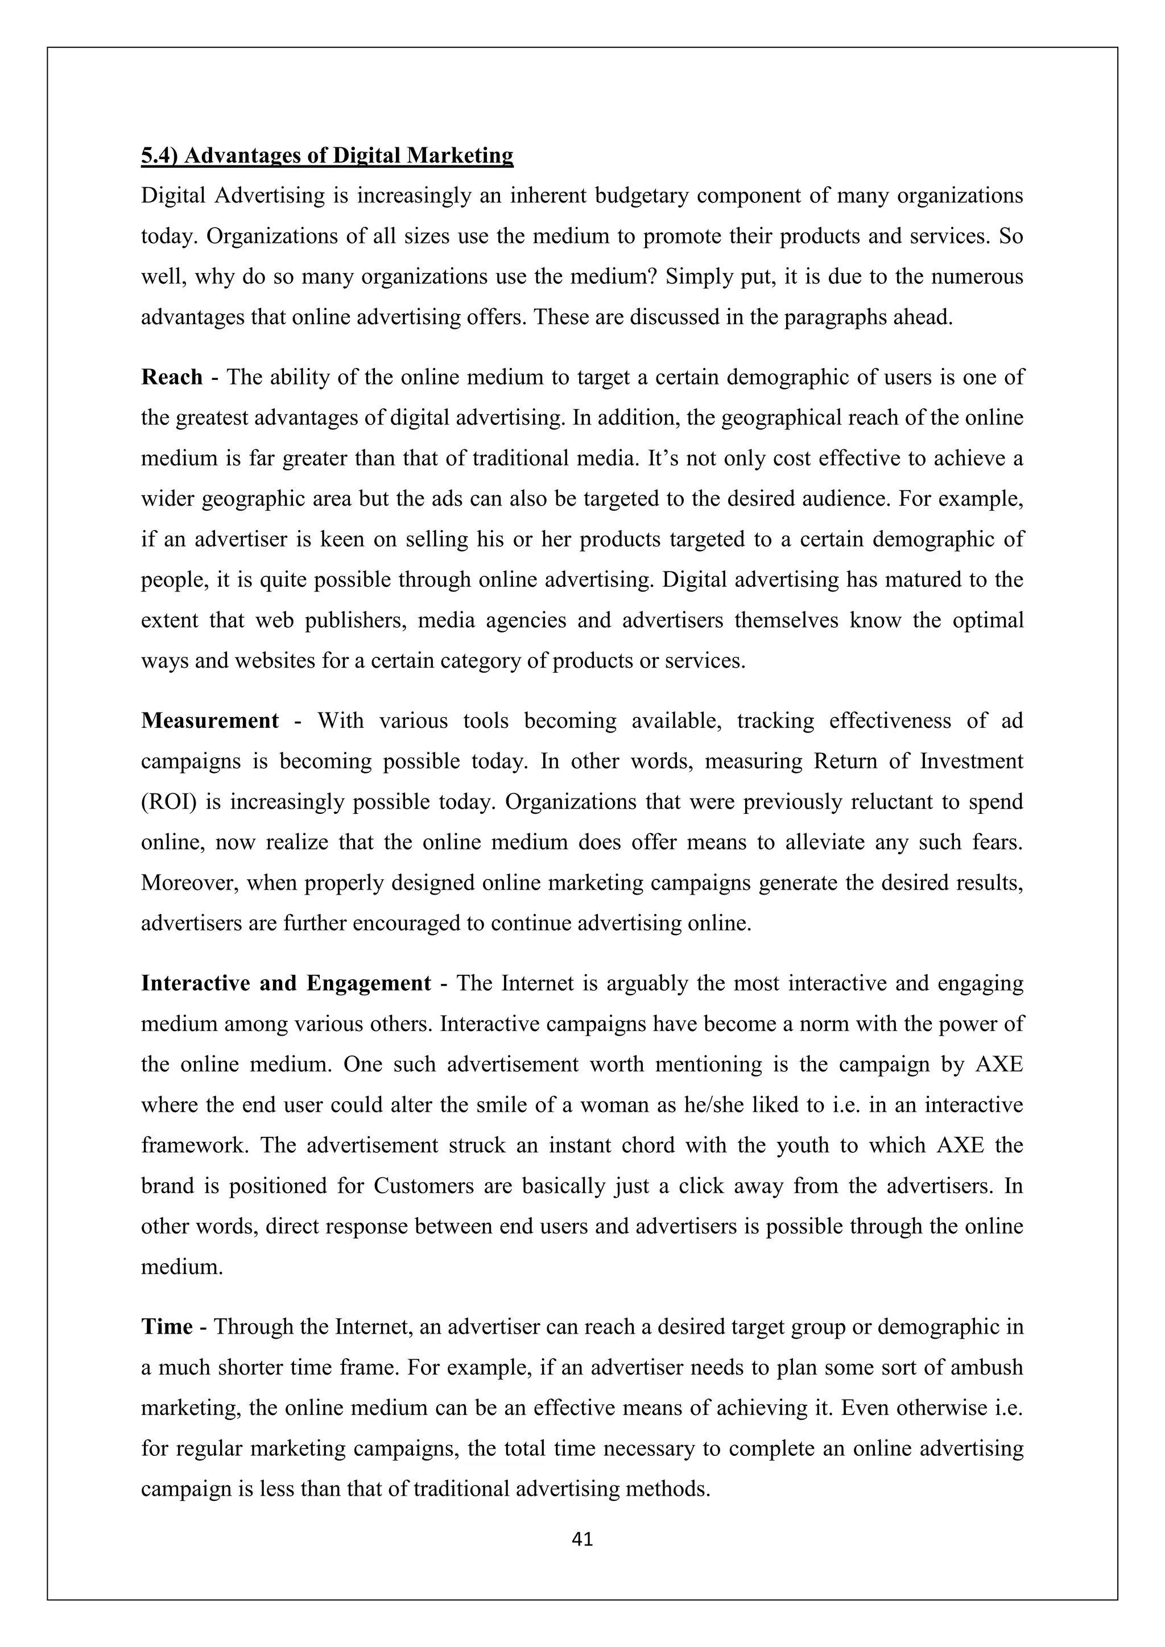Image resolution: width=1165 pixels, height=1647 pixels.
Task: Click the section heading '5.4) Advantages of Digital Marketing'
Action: (327, 156)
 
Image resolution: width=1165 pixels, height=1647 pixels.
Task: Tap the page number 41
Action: (582, 1539)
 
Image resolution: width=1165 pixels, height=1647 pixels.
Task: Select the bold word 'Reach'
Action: (172, 377)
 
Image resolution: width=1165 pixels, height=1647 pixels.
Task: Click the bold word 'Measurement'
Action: (209, 721)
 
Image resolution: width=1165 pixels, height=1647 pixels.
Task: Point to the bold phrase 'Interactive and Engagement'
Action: (286, 983)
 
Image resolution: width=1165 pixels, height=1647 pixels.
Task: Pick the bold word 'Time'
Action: (167, 1327)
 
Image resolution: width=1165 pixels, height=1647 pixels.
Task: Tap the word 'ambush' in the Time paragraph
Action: (986, 1367)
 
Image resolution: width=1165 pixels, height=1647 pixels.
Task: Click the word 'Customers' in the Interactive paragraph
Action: (423, 1186)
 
